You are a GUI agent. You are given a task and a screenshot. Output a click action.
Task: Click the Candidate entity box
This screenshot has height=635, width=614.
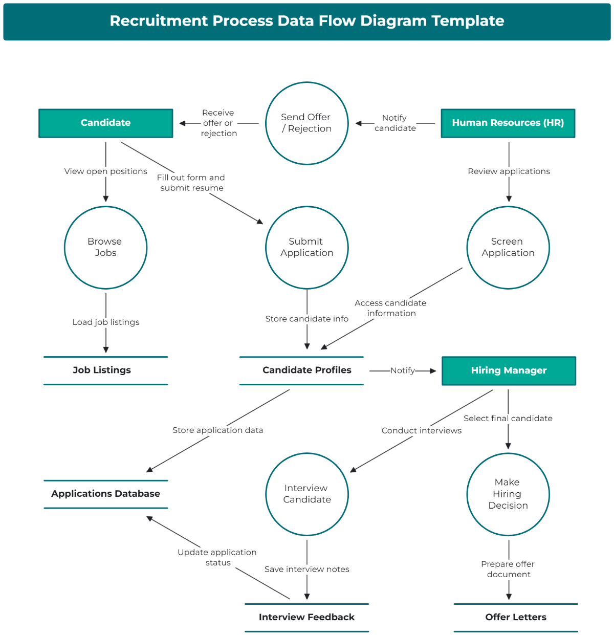pos(106,123)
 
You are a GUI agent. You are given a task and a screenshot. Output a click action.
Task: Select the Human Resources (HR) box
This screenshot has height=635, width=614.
pos(508,123)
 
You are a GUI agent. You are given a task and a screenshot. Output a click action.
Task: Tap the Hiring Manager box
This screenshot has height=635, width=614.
pos(509,370)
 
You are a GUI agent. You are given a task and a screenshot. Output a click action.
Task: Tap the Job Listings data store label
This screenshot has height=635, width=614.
pos(102,370)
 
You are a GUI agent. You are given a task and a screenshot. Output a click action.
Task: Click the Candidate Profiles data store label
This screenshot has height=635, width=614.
pos(306,370)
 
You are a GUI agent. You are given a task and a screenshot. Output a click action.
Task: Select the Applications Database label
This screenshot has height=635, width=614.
pos(106,493)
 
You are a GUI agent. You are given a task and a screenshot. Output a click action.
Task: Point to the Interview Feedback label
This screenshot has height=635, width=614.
pos(306,617)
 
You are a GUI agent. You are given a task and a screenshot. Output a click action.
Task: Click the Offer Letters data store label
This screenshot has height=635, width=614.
pos(516,617)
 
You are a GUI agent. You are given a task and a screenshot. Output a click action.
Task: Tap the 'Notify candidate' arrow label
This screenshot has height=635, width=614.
pos(395,123)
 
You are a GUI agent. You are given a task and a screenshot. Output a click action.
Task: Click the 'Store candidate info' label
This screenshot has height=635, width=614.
pos(306,319)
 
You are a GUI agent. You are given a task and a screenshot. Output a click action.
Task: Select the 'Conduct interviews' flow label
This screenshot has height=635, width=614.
pos(422,431)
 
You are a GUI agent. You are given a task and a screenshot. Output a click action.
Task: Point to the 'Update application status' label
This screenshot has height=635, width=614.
pos(217,557)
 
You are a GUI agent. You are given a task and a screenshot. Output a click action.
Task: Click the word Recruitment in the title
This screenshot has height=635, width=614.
pos(159,21)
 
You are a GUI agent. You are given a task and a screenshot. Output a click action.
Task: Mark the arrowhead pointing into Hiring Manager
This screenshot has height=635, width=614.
pos(433,370)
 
